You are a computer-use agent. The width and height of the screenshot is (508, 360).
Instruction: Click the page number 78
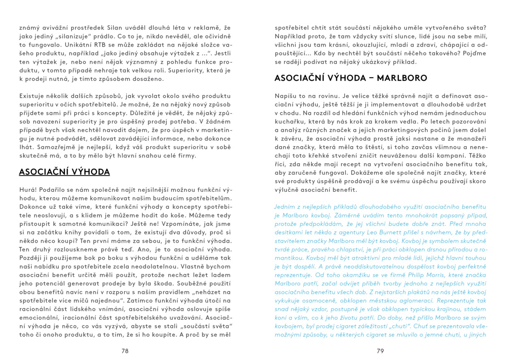(125, 351)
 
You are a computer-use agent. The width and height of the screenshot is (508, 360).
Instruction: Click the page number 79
(380, 351)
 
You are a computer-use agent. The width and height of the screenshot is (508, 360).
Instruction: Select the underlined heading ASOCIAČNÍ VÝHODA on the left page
(64, 172)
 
